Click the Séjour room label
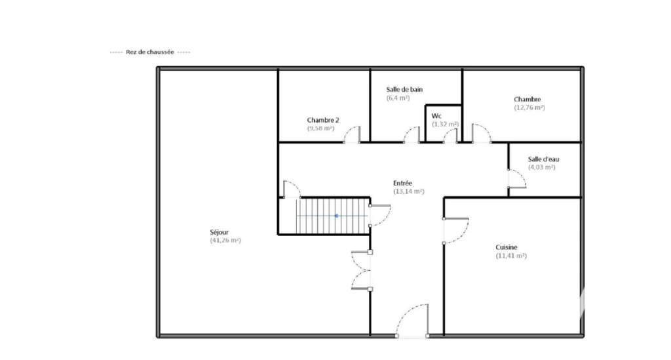click(x=219, y=232)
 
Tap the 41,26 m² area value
click(x=225, y=241)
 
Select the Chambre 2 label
click(x=323, y=120)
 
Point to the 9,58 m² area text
click(x=321, y=129)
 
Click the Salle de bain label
click(x=404, y=89)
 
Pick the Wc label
click(x=436, y=116)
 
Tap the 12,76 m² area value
click(x=529, y=108)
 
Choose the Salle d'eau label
click(x=543, y=159)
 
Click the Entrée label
click(x=403, y=183)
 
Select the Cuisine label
click(x=507, y=247)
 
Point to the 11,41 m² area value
click(x=511, y=256)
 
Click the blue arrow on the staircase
click(x=337, y=216)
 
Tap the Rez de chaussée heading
click(x=150, y=52)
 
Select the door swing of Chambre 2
click(x=352, y=134)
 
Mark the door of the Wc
click(x=450, y=136)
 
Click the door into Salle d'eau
click(x=517, y=178)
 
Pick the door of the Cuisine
click(x=456, y=231)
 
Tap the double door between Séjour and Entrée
click(x=362, y=271)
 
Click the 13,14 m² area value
click(x=409, y=191)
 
